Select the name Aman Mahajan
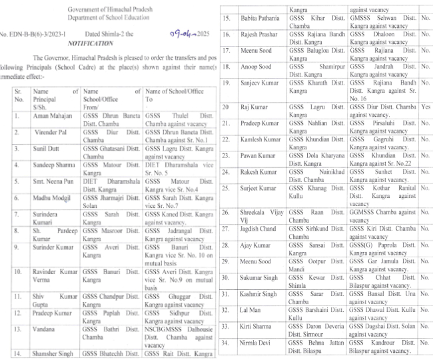point(55,115)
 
